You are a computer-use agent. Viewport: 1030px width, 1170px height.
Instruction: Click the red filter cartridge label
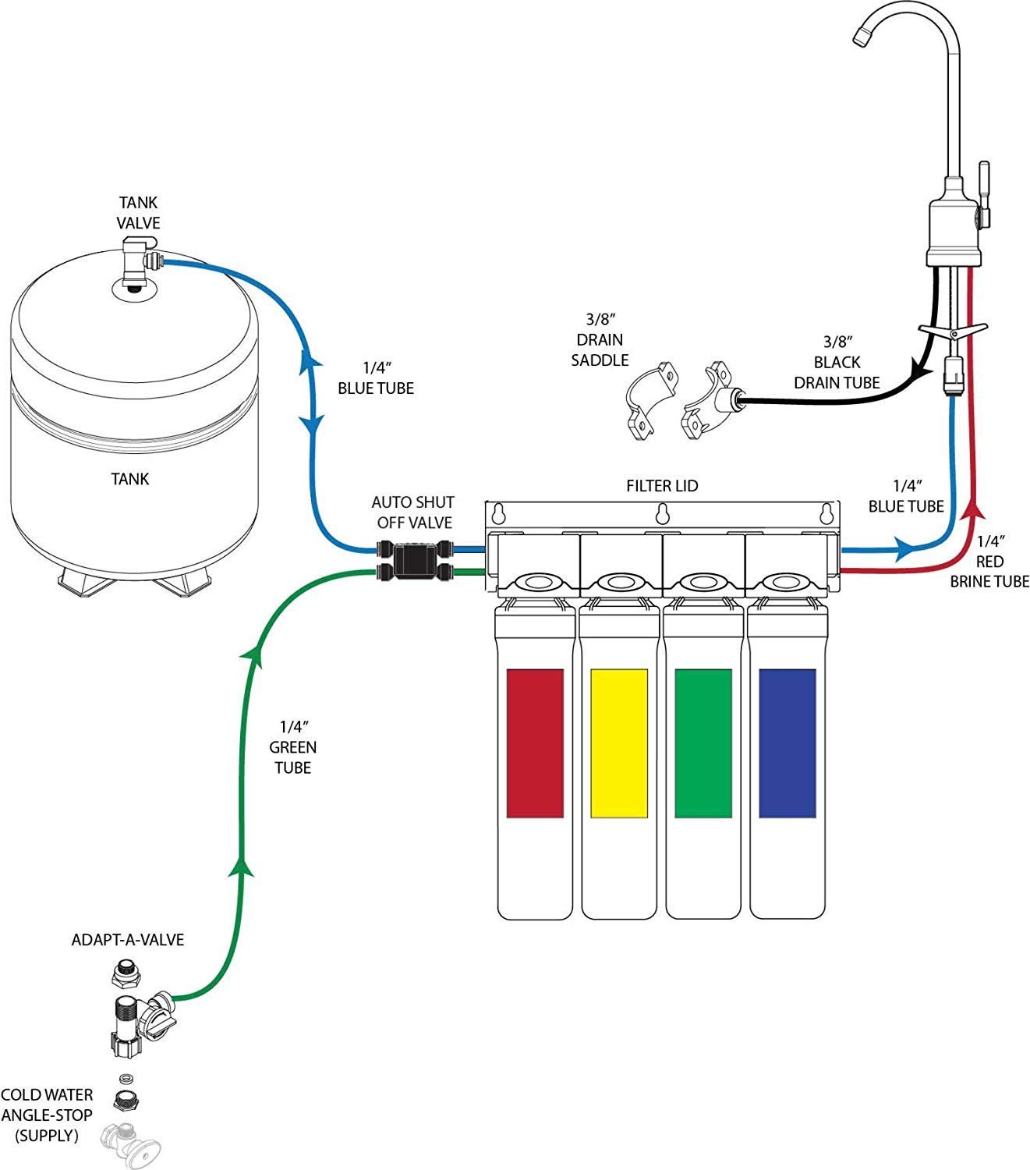535,743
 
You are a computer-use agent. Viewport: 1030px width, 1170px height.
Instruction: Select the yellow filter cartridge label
619,743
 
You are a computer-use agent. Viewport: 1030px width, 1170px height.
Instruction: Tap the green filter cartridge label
703,743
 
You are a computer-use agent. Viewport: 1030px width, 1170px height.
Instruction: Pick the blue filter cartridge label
788,743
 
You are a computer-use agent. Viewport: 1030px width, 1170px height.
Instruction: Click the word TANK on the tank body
130,479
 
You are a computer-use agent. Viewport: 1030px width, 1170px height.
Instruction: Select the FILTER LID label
662,486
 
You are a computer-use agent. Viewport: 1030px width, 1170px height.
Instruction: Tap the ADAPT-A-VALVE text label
128,940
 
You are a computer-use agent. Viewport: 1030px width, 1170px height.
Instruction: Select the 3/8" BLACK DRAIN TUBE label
837,362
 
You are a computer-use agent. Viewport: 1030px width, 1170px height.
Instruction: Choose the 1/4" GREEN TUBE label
293,747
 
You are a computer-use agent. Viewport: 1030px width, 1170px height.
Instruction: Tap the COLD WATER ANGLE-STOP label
47,1115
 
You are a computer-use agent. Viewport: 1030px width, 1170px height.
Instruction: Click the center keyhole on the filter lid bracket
662,515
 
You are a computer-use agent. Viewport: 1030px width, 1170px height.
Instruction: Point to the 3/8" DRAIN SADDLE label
600,339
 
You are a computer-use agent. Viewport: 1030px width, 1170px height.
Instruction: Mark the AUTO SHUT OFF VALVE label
412,512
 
